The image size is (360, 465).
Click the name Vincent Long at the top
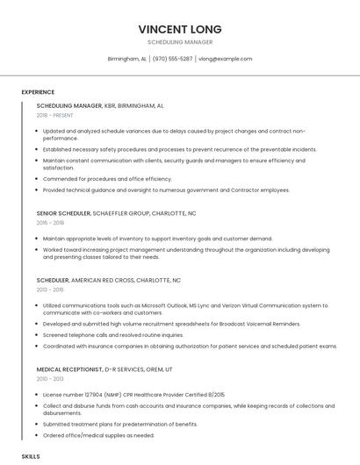tap(179, 29)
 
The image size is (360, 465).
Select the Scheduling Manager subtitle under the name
tap(179, 42)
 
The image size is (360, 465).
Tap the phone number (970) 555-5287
tap(172, 59)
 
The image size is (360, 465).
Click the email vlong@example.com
tap(226, 59)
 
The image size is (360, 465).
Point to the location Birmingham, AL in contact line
tap(126, 59)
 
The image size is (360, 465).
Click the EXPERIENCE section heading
tap(38, 92)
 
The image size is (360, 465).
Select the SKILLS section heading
tap(31, 457)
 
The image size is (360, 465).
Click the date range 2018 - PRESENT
tap(55, 115)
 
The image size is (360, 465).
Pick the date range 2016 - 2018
tap(50, 223)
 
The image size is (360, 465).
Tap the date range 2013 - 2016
tap(50, 290)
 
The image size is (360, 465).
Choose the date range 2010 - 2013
tap(50, 380)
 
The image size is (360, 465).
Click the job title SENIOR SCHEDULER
tap(63, 213)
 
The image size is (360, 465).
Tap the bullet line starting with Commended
tap(107, 179)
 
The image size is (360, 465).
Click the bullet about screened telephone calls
tap(113, 334)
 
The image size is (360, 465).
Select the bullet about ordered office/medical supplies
tap(98, 435)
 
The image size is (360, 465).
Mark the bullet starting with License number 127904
tap(133, 395)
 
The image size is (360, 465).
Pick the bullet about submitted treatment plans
tap(119, 424)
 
